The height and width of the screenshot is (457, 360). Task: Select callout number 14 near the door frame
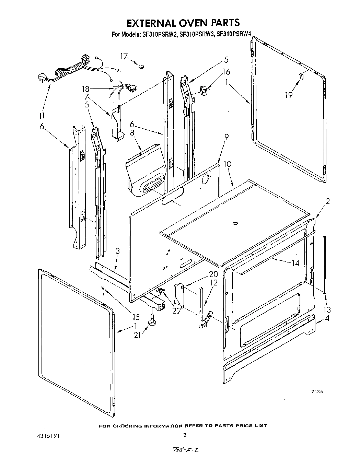tap(295, 263)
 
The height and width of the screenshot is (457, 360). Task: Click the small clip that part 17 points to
tap(141, 66)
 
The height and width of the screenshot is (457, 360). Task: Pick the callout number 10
tap(228, 164)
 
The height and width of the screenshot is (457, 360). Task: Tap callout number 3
tap(118, 251)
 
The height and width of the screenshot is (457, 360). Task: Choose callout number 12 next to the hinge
tap(214, 283)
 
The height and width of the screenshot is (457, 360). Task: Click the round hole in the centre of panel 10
tap(235, 224)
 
